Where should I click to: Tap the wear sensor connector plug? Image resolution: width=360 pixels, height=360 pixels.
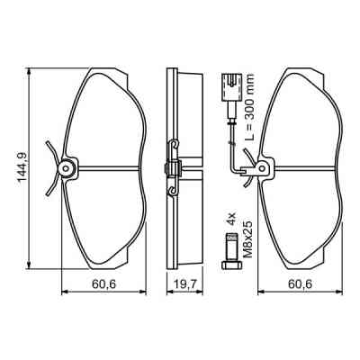click(x=229, y=85)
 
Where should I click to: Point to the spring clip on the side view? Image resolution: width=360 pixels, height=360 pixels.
click(x=173, y=167)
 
